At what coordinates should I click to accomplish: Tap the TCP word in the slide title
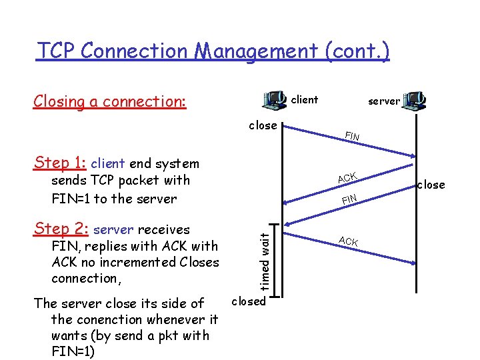click(57, 51)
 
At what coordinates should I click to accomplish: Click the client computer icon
click(275, 101)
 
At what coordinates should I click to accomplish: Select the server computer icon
click(415, 101)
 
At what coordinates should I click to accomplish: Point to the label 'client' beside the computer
click(305, 100)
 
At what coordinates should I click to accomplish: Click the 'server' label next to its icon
click(384, 101)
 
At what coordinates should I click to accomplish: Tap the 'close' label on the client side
click(263, 125)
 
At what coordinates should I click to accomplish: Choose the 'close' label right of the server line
click(431, 185)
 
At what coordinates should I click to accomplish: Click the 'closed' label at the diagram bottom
click(248, 301)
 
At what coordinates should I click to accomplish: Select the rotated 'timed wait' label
click(264, 260)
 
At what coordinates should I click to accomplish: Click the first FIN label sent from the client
click(352, 137)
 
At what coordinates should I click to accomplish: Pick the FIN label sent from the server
click(349, 199)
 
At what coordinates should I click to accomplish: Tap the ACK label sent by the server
click(347, 177)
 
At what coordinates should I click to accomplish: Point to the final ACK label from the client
click(349, 241)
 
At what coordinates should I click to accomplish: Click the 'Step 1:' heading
click(60, 163)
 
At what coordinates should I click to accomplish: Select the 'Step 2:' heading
click(61, 229)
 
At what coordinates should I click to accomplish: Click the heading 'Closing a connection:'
click(110, 101)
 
